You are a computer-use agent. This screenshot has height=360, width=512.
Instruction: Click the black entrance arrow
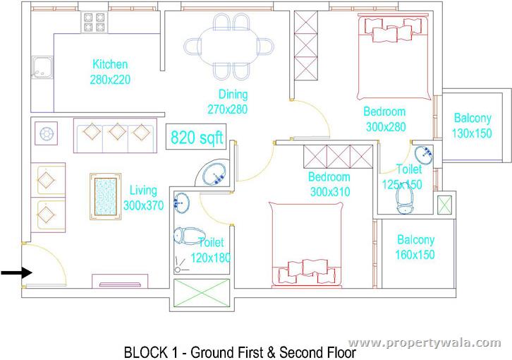pos(14,272)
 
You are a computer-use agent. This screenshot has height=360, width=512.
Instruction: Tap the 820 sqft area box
pos(195,137)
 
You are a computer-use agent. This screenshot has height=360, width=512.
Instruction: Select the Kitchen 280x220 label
pos(110,72)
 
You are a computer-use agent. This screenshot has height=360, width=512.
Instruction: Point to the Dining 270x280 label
pos(228,102)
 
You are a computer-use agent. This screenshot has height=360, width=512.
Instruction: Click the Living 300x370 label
pos(143,198)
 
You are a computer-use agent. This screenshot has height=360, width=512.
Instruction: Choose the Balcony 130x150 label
pos(472,125)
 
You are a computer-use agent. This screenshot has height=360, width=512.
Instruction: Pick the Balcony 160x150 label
pos(415,247)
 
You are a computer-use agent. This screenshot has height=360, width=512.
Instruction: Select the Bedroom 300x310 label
pos(329,184)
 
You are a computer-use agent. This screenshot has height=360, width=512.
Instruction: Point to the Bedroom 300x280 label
pos(384,119)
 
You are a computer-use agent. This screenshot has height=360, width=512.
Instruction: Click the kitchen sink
pos(40,66)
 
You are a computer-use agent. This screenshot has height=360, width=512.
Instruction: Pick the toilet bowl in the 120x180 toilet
pos(188,237)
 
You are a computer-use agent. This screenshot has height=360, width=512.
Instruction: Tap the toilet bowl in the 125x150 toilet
pos(406,197)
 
